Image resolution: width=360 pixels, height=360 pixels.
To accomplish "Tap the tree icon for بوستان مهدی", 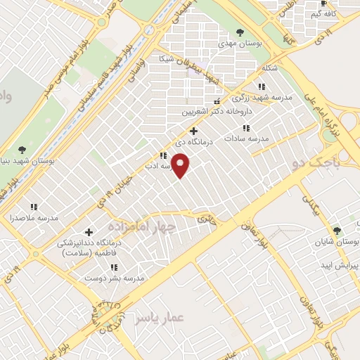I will coord(240,32).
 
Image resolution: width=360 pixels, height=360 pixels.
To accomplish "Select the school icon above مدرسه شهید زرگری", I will coord(262,86).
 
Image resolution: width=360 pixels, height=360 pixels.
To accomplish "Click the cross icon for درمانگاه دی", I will coord(194,130).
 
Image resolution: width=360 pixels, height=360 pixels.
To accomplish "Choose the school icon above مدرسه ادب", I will coord(163,156).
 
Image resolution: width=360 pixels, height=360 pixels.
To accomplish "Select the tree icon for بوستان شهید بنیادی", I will coord(22,149).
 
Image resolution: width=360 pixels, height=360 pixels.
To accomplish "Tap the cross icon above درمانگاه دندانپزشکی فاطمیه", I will coord(89,232).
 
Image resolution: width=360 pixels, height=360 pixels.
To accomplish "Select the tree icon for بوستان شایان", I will coord(337,230).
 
